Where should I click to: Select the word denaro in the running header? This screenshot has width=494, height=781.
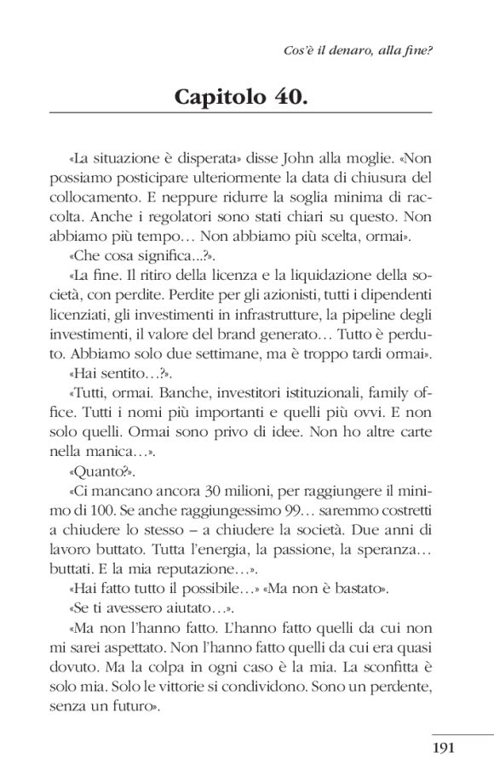click(346, 51)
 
